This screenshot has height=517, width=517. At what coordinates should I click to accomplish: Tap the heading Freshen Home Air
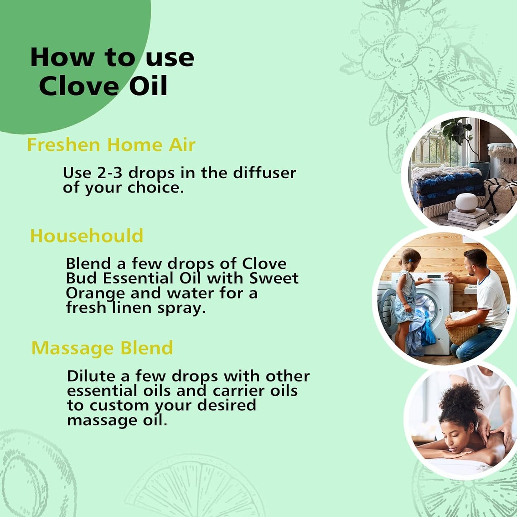pos(111,145)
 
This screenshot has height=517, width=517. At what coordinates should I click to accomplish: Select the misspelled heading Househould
pos(87,236)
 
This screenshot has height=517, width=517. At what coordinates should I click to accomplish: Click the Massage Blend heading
pos(102,348)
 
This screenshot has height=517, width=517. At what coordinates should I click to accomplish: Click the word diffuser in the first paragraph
pos(264,173)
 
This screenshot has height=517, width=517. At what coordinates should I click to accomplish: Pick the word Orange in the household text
pos(96,293)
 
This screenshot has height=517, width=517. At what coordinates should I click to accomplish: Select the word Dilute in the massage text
pos(91,376)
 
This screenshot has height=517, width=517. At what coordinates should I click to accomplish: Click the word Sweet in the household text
pos(274,278)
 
